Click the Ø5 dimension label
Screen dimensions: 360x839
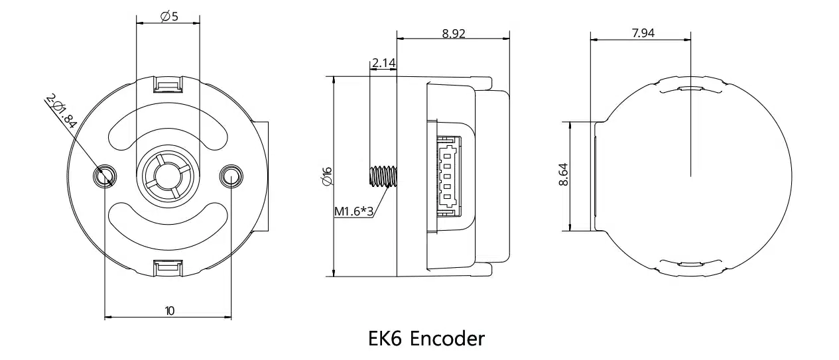pos(170,17)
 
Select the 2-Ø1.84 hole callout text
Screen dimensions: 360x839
pos(62,110)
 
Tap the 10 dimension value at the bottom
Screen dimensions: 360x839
pos(170,310)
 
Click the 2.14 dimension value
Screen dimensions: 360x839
pos(384,63)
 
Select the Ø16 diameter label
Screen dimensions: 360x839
pos(326,176)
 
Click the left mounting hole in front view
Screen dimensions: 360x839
pos(104,176)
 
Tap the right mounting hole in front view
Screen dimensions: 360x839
pos(231,176)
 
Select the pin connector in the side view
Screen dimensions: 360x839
pos(447,176)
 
